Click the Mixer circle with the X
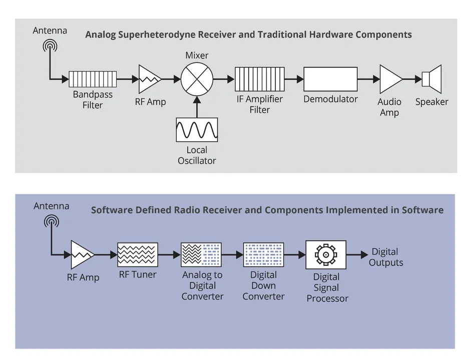pyautogui.click(x=197, y=78)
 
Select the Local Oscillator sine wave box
pyautogui.click(x=197, y=130)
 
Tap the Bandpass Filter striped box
pyautogui.click(x=93, y=79)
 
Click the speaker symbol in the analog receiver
pyautogui.click(x=431, y=79)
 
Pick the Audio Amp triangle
pyautogui.click(x=390, y=79)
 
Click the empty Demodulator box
pyautogui.click(x=330, y=79)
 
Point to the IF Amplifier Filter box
pyautogui.click(x=259, y=79)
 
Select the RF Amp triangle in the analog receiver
pyautogui.click(x=149, y=79)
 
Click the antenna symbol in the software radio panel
pyautogui.click(x=51, y=221)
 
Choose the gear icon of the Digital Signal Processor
pyautogui.click(x=325, y=254)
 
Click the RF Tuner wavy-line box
pyautogui.click(x=138, y=254)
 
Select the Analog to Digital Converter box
pyautogui.click(x=200, y=254)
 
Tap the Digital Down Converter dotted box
pyautogui.click(x=263, y=254)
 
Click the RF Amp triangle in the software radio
pyautogui.click(x=82, y=255)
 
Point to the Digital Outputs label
pyautogui.click(x=385, y=257)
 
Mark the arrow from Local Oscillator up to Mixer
pyautogui.click(x=197, y=106)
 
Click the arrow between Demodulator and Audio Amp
pyautogui.click(x=368, y=79)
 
